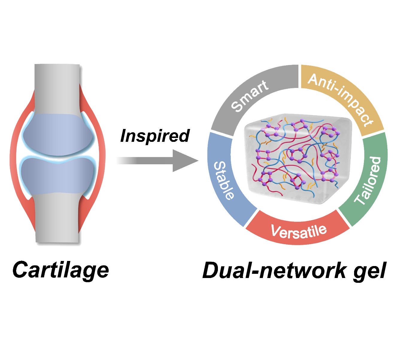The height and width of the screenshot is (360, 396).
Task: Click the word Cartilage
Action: tap(61, 270)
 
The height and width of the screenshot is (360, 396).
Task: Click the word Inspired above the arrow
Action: tap(155, 136)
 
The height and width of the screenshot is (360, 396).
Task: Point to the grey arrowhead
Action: tap(184, 161)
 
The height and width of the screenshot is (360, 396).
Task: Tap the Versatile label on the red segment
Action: tap(298, 231)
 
